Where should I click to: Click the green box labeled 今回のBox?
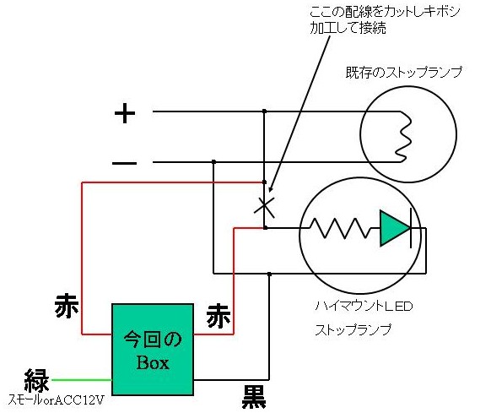(x=153, y=350)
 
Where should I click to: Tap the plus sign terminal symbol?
(x=125, y=113)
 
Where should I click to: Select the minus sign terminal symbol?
(x=124, y=163)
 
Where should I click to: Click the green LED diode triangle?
(x=395, y=228)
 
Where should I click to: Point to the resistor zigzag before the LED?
(x=340, y=228)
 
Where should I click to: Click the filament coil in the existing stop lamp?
(x=403, y=137)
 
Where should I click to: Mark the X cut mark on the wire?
(x=264, y=207)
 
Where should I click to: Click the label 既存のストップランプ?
(x=403, y=73)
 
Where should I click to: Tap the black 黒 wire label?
(x=254, y=397)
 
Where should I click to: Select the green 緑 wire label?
(x=37, y=380)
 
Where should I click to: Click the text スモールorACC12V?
(x=56, y=400)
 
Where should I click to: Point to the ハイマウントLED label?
(x=364, y=306)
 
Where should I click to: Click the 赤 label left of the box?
(x=67, y=306)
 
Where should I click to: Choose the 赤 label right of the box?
(x=219, y=316)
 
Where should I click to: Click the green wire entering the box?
(x=82, y=380)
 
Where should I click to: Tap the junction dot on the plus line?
(x=264, y=111)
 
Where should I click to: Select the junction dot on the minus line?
(x=214, y=162)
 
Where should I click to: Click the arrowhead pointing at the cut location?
(x=271, y=189)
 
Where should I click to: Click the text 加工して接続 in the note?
(x=348, y=29)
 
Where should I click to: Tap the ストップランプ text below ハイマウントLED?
(x=353, y=330)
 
